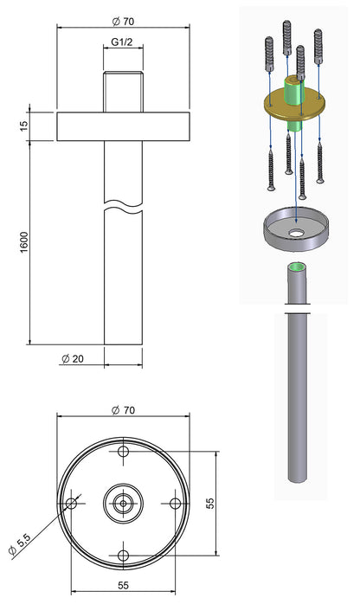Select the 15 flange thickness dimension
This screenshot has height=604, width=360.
(24, 125)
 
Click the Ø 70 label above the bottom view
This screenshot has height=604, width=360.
(123, 410)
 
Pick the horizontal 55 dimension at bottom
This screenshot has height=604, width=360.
(123, 586)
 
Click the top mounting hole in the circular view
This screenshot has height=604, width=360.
(123, 453)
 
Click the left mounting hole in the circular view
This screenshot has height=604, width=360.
(72, 503)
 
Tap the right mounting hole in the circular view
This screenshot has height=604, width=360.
(174, 503)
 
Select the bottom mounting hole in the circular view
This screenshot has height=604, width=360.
(123, 554)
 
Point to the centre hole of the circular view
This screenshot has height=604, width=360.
(123, 503)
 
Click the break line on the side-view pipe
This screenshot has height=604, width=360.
(123, 208)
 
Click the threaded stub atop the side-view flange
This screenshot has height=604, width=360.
(123, 92)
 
